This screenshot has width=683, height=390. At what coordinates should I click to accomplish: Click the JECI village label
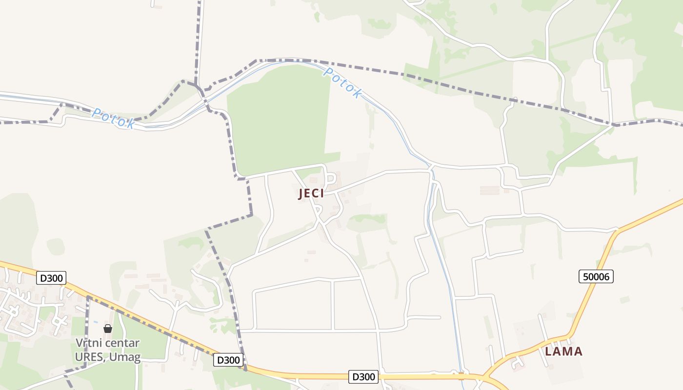(311, 194)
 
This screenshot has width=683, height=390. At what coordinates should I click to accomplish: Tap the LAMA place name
(563, 351)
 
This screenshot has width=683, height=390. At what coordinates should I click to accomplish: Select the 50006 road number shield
(596, 276)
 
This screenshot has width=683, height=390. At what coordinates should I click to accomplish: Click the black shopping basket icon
(108, 329)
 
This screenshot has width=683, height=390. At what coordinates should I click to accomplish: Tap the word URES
(90, 357)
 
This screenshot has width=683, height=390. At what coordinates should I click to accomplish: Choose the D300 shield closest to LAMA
(364, 376)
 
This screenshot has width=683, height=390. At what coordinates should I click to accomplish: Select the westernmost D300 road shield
(51, 278)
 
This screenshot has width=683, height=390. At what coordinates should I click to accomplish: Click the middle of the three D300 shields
(228, 360)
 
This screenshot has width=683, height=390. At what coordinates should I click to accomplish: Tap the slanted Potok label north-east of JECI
(343, 83)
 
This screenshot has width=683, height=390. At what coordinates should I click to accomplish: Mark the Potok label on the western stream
(113, 118)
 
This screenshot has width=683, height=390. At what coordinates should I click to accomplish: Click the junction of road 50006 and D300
(483, 377)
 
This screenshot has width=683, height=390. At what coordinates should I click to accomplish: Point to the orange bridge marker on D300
(461, 376)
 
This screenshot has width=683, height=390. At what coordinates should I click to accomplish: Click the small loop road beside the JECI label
(332, 179)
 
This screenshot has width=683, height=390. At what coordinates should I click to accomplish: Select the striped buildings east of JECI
(490, 190)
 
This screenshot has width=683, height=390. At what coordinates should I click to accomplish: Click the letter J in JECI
(301, 194)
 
